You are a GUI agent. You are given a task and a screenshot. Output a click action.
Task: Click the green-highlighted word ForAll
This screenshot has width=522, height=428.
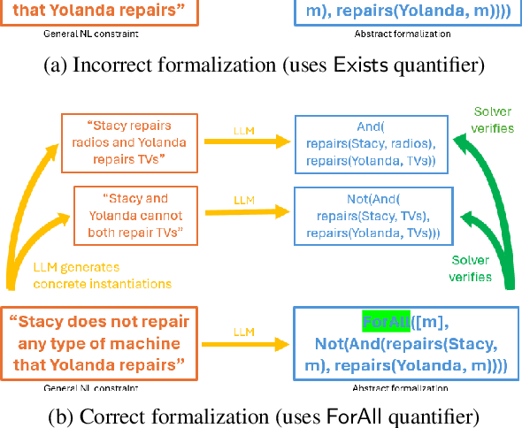[x=386, y=319]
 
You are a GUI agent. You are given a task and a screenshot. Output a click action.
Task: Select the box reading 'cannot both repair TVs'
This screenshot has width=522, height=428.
[x=132, y=215]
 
